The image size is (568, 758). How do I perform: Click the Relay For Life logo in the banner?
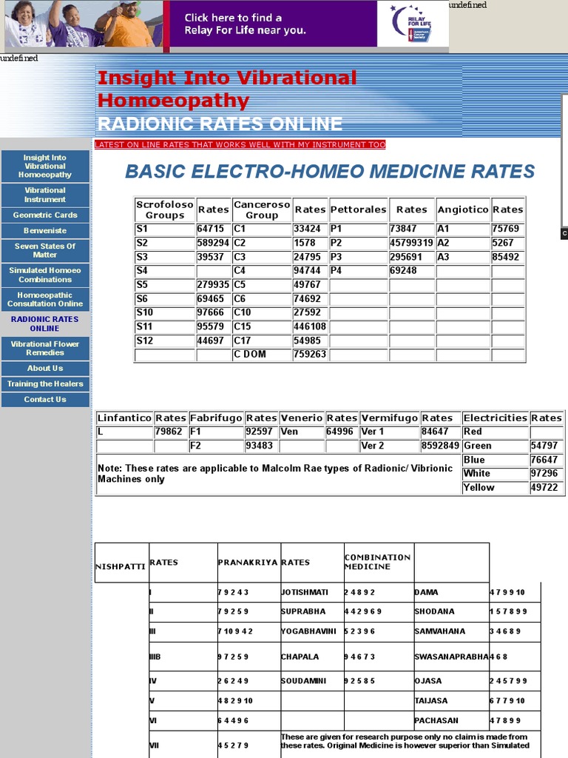(413, 24)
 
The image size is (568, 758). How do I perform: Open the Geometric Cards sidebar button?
(45, 215)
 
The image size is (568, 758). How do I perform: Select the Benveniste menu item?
(45, 231)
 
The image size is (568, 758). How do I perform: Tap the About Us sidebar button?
(45, 368)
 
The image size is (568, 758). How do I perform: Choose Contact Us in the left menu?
(45, 400)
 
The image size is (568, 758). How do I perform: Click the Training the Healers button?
(45, 384)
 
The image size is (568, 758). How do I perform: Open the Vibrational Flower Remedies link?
(45, 348)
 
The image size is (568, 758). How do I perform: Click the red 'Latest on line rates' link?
(240, 144)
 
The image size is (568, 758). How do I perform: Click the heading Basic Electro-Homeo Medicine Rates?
(330, 172)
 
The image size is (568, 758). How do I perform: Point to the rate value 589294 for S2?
(213, 243)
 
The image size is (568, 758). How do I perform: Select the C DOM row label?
(250, 355)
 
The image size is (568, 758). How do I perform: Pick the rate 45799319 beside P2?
(411, 243)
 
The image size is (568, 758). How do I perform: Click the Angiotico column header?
(463, 209)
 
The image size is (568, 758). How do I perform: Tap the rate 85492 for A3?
(506, 257)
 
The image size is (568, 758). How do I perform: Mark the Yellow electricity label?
(479, 487)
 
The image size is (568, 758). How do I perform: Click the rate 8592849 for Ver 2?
(440, 446)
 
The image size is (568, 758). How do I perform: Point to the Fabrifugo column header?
(216, 418)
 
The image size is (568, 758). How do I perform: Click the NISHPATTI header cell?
(121, 566)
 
